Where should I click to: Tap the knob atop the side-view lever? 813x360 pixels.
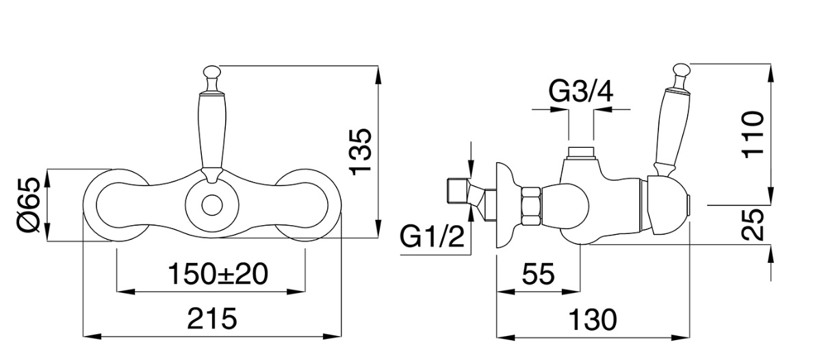(x=682, y=70)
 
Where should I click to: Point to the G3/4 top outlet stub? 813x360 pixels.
(x=581, y=151)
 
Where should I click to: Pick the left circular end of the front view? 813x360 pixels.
(x=115, y=204)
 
